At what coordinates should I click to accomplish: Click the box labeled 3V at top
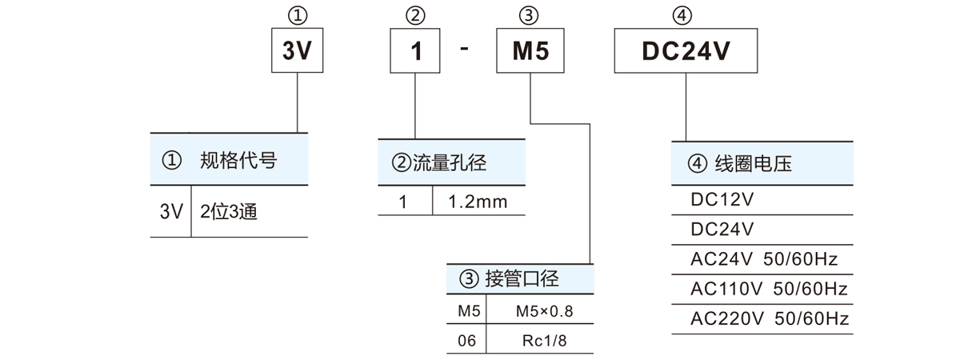point(298,52)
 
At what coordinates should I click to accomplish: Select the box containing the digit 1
point(414,52)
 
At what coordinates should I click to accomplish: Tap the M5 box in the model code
point(530,52)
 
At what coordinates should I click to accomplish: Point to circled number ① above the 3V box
point(298,14)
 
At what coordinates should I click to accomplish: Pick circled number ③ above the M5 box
point(530,14)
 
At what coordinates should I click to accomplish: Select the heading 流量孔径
point(450,164)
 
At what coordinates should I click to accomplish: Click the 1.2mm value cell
point(478,202)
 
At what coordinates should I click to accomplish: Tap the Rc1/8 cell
point(543,341)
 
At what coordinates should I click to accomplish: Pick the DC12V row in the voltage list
point(722,200)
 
